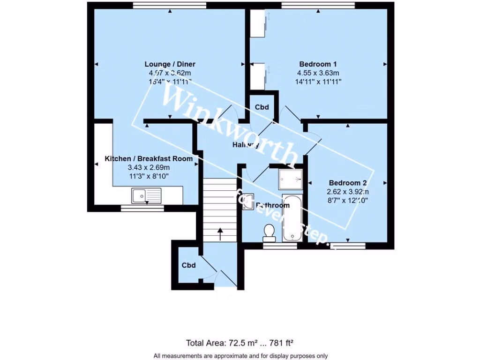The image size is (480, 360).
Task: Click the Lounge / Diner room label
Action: click(170, 64)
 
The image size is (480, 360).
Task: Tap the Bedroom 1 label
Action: click(318, 64)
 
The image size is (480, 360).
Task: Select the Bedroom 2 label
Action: click(347, 183)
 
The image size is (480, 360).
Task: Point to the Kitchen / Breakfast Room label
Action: click(148, 159)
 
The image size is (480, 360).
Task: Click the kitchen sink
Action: click(146, 195)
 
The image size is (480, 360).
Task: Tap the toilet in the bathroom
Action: click(269, 231)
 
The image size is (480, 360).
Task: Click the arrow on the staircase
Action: click(220, 232)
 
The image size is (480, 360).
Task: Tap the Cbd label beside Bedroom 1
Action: click(262, 107)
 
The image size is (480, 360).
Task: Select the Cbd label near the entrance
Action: click(188, 265)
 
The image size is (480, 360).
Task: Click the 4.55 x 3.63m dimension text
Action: click(318, 73)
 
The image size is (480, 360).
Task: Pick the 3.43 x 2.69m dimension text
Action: click(148, 167)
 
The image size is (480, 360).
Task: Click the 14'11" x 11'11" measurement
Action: click(318, 81)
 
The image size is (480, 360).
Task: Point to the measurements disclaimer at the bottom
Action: click(240, 355)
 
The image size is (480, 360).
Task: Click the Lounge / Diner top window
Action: click(170, 6)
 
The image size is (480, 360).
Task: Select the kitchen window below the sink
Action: click(142, 208)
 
